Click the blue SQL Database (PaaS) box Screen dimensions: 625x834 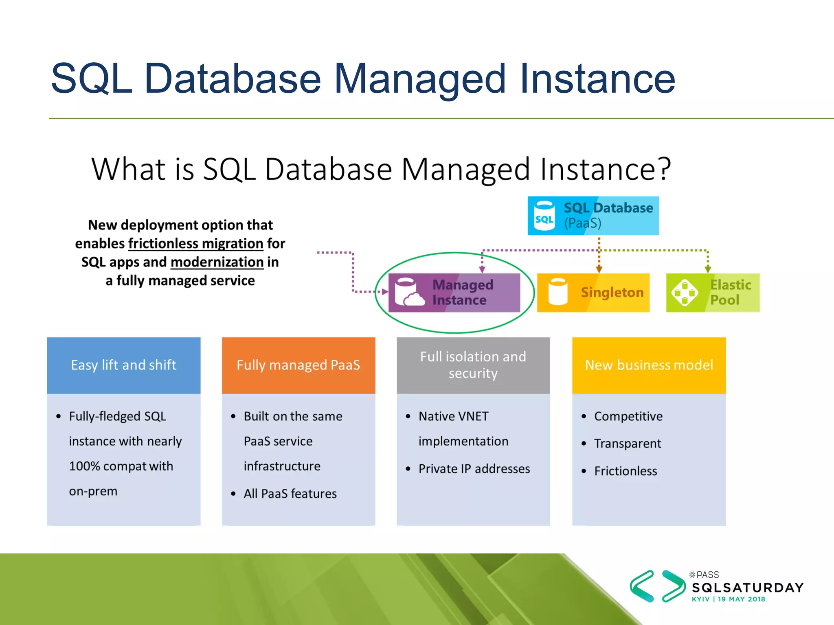593,216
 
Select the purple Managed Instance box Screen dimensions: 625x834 454,293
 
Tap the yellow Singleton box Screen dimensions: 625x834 593,293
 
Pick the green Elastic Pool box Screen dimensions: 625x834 713,293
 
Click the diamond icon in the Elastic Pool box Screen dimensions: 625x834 685,292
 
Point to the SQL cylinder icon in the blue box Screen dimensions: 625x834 544,216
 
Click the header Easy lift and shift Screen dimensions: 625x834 124,365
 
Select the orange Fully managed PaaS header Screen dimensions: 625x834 298,365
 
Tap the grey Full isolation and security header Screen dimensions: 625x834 473,365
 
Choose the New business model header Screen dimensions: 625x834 649,365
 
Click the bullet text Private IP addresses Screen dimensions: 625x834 474,469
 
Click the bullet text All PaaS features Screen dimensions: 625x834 290,494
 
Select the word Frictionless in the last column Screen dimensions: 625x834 625,471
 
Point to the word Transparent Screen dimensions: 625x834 628,444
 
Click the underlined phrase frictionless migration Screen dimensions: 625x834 195,243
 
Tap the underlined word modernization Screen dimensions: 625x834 217,262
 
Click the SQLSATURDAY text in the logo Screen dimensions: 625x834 748,588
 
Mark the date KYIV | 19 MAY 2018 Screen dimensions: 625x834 728,599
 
